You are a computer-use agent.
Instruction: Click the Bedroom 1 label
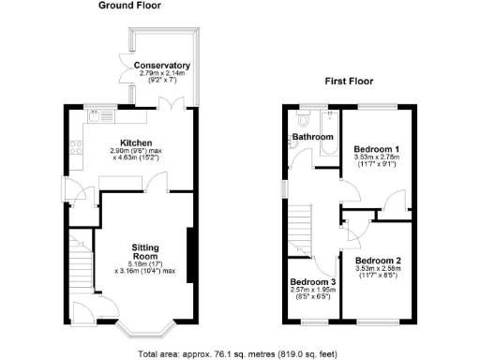pyautogui.click(x=377, y=149)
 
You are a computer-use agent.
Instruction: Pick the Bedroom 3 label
pyautogui.click(x=312, y=282)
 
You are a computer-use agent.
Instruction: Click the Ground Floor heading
pyautogui.click(x=129, y=6)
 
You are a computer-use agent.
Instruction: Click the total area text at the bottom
pyautogui.click(x=238, y=353)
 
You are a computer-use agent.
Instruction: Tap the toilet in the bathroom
pyautogui.click(x=301, y=121)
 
